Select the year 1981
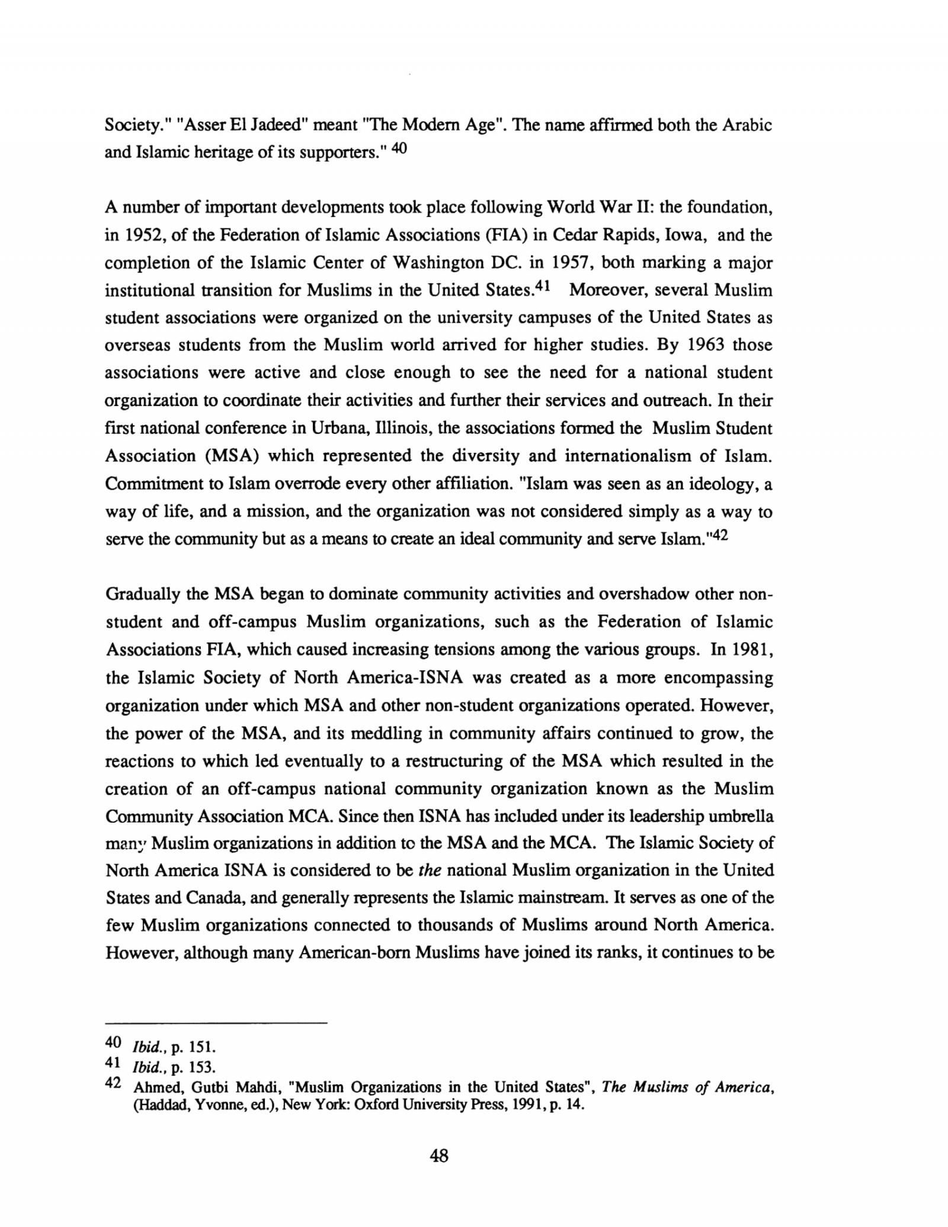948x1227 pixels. [752, 650]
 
